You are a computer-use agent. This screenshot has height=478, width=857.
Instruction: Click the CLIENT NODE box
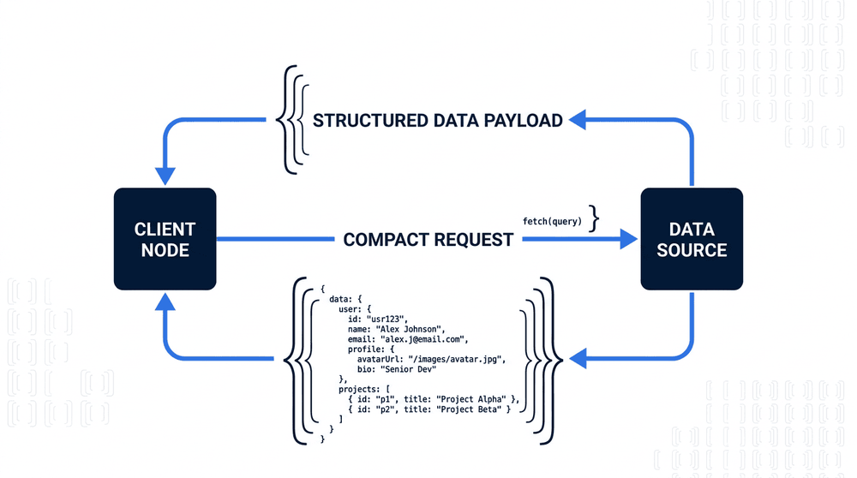point(165,239)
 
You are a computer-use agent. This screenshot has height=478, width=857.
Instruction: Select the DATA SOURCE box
point(692,239)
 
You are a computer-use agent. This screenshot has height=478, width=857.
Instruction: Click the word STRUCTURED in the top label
point(370,121)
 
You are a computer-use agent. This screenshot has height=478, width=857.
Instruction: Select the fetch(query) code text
point(552,221)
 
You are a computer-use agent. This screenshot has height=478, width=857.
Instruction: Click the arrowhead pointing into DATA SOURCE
point(628,239)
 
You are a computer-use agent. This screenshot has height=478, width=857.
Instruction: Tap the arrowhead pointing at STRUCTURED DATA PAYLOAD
point(578,120)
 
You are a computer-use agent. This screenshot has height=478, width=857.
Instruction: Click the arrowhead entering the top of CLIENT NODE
point(165,176)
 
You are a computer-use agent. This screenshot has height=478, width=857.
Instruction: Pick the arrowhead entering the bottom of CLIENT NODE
point(165,302)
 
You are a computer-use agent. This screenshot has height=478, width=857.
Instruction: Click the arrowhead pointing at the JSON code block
point(578,358)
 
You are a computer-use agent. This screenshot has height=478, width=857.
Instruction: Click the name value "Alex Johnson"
point(411,329)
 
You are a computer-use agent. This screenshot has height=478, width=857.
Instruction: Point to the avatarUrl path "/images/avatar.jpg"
point(457,359)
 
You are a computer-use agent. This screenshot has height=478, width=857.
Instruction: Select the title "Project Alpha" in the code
point(471,399)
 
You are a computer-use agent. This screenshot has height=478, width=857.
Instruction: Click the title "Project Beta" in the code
point(469,409)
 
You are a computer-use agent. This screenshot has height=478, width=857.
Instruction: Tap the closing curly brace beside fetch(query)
point(594,218)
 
